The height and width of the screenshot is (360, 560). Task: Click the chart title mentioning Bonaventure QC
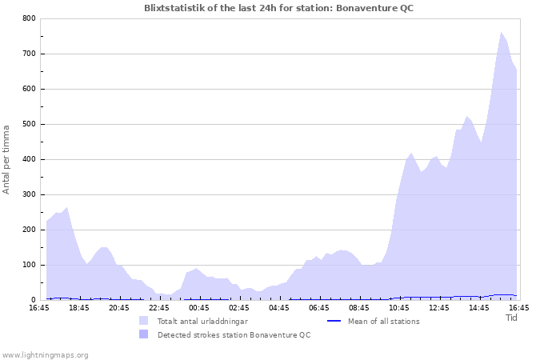pyautogui.click(x=279, y=8)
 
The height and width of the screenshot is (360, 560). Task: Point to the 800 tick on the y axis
pyautogui.click(x=29, y=18)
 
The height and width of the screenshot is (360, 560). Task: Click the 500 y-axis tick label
pyautogui.click(x=29, y=124)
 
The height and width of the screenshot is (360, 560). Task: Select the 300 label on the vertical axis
pyautogui.click(x=29, y=194)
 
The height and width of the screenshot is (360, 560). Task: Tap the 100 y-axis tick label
pyautogui.click(x=29, y=265)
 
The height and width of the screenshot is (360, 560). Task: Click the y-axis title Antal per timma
pyautogui.click(x=7, y=158)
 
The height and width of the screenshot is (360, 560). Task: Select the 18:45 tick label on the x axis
pyautogui.click(x=79, y=307)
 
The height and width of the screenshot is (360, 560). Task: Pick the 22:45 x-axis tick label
pyautogui.click(x=159, y=307)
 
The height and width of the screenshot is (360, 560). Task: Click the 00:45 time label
pyautogui.click(x=199, y=307)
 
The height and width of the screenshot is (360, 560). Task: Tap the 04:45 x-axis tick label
pyautogui.click(x=279, y=307)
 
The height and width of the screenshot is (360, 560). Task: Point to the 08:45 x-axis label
pyautogui.click(x=359, y=307)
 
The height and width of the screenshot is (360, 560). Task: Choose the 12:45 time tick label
pyautogui.click(x=439, y=307)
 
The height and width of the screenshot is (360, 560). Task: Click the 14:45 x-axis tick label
pyautogui.click(x=479, y=307)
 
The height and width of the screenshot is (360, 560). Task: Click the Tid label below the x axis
pyautogui.click(x=512, y=318)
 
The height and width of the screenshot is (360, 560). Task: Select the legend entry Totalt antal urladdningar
pyautogui.click(x=202, y=322)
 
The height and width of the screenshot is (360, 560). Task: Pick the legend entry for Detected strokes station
pyautogui.click(x=234, y=335)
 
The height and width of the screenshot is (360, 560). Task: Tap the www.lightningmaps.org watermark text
pyautogui.click(x=46, y=354)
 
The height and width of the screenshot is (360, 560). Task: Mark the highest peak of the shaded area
pyautogui.click(x=502, y=33)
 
